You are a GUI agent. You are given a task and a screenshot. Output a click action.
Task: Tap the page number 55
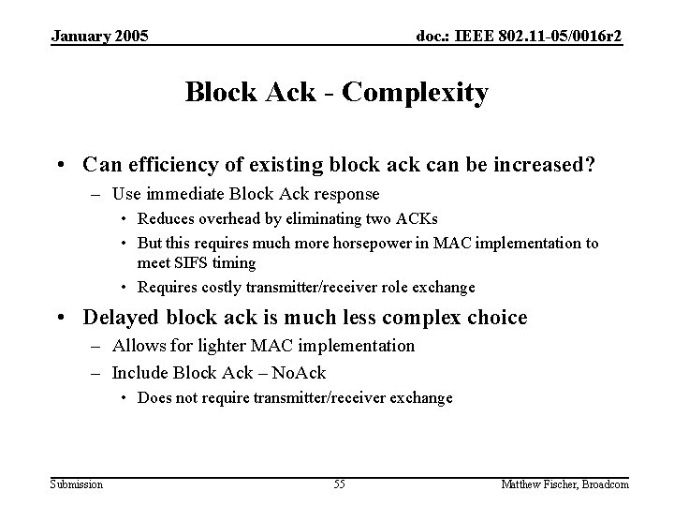coord(339,484)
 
